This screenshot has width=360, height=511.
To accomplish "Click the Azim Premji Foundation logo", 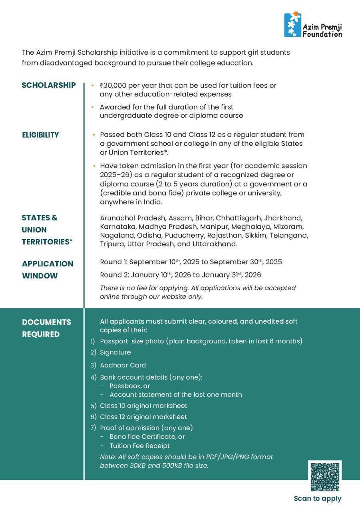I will (x=312, y=25).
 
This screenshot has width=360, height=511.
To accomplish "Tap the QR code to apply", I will (x=325, y=477).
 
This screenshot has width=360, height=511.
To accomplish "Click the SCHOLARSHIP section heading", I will (x=49, y=85).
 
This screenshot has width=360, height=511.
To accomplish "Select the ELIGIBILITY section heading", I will (x=40, y=135).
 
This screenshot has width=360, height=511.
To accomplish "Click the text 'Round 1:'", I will (x=113, y=262).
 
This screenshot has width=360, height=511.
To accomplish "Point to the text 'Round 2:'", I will (x=114, y=275).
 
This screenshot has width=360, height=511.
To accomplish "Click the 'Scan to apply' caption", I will (x=318, y=499).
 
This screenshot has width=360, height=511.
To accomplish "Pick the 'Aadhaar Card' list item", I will (x=123, y=365).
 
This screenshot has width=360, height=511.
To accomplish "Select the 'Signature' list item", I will (x=115, y=353).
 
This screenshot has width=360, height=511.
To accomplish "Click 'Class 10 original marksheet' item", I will (x=143, y=406).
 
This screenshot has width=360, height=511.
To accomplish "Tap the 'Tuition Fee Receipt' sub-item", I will (x=139, y=446).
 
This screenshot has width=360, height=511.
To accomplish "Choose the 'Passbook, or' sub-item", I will (x=129, y=386).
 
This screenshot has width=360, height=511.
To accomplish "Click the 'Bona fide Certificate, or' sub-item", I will (x=147, y=437).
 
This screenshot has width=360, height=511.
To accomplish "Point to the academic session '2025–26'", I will (x=113, y=175).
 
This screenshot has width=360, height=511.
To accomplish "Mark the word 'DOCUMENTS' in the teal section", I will (x=46, y=322).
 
